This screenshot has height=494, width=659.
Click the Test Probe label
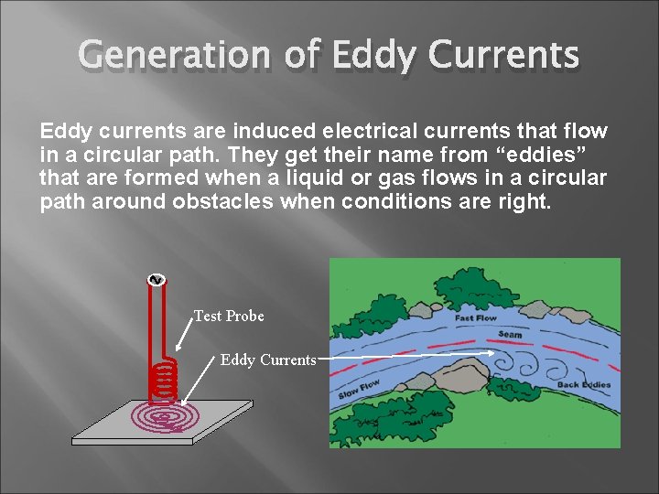229,317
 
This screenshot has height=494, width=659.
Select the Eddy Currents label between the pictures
267,360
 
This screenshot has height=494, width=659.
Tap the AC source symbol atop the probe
155,280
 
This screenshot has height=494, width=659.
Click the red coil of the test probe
163,379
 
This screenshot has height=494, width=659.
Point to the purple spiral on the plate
166,417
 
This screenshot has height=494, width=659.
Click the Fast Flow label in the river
475,319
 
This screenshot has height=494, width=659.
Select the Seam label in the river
511,335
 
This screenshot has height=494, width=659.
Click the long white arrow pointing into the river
403,358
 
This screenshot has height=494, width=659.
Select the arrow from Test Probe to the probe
184,335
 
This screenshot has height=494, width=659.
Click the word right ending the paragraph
526,200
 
